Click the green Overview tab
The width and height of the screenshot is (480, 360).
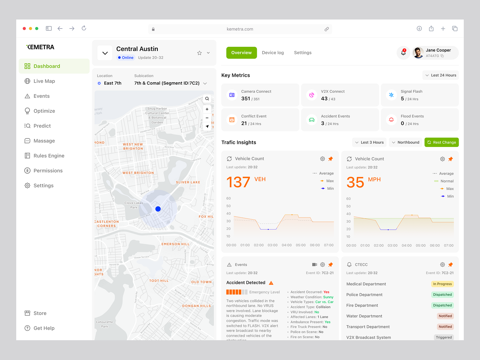241,53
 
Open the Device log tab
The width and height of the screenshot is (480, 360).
273,53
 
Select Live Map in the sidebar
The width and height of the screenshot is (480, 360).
44,81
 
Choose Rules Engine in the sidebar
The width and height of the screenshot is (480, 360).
49,156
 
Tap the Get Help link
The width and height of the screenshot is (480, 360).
44,328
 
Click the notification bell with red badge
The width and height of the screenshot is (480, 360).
403,53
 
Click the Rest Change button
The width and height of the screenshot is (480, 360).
441,142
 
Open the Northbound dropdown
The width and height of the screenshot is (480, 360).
405,142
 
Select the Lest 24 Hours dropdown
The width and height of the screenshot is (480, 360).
440,75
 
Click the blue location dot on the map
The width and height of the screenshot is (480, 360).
158,209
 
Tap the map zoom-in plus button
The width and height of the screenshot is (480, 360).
207,109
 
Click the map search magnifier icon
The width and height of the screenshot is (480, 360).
207,99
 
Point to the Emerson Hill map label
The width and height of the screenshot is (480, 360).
175,244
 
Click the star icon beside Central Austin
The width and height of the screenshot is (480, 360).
199,53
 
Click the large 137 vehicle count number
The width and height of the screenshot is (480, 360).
238,182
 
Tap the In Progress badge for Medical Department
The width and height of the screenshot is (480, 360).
442,284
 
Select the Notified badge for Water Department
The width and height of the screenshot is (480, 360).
445,316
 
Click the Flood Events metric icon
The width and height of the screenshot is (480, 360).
391,120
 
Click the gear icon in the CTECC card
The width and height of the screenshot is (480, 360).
442,265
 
